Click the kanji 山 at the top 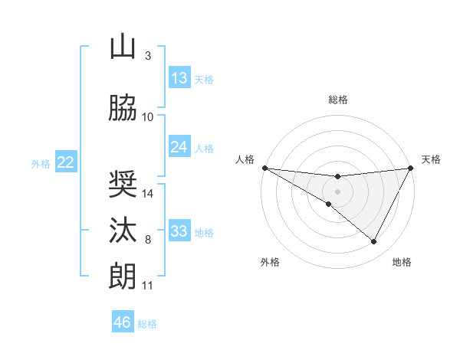point(123,47)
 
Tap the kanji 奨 point(123,185)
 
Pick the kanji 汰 point(123,231)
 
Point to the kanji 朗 point(123,277)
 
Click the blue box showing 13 point(179,78)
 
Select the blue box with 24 point(179,147)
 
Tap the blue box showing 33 point(179,231)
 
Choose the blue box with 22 point(66,162)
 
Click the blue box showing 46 point(123,322)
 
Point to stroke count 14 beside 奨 point(149,194)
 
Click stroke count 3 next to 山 point(148,56)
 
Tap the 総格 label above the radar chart point(337,100)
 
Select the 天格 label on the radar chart point(431,159)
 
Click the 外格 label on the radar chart point(270,262)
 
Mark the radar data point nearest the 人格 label point(264,168)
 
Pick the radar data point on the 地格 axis point(374,242)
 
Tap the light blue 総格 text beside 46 point(147,324)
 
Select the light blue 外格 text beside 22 point(41,163)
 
